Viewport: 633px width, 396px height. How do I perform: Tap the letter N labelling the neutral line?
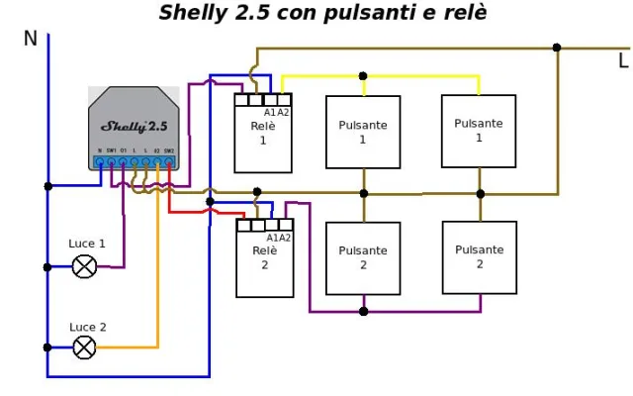pyautogui.click(x=30, y=39)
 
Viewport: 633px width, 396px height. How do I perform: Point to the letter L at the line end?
pyautogui.click(x=622, y=61)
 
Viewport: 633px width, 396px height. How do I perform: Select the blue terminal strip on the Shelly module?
pyautogui.click(x=135, y=161)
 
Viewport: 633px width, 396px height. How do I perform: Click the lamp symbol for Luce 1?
pyautogui.click(x=85, y=266)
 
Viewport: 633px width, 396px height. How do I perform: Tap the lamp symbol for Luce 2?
pyautogui.click(x=85, y=347)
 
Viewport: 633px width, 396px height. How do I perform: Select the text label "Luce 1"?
pyautogui.click(x=87, y=244)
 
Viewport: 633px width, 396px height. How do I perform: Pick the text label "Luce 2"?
pyautogui.click(x=88, y=327)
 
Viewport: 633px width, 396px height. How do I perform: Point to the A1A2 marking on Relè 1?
pyautogui.click(x=277, y=113)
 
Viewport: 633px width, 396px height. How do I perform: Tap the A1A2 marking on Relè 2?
pyautogui.click(x=279, y=238)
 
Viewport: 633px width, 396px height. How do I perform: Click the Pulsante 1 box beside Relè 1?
pyautogui.click(x=363, y=132)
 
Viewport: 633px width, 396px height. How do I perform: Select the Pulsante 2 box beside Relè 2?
pyautogui.click(x=363, y=257)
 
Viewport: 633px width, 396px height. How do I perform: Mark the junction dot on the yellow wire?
pyautogui.click(x=363, y=75)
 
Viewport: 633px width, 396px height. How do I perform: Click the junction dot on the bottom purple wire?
pyautogui.click(x=363, y=311)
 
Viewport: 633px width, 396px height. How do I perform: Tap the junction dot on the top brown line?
pyautogui.click(x=557, y=48)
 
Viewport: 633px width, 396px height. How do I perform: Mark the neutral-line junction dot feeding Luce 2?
pyautogui.click(x=47, y=347)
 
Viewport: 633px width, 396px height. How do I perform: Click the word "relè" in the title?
pyautogui.click(x=465, y=13)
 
